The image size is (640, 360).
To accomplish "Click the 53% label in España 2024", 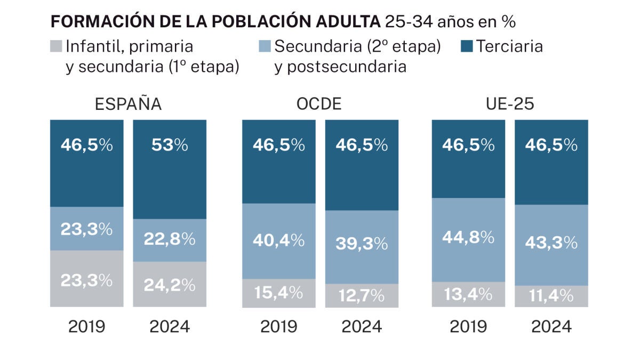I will [169, 145].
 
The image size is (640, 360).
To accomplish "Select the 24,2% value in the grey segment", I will [169, 285].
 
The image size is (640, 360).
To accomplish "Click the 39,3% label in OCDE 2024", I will [362, 243].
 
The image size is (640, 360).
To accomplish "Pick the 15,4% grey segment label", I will [278, 292].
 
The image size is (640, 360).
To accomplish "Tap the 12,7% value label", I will [362, 294].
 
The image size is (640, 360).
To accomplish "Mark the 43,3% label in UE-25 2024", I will [551, 243].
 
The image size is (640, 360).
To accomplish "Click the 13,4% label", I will [468, 293].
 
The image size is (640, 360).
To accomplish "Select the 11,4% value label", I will [551, 295].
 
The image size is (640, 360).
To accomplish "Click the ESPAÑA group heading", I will [128, 104].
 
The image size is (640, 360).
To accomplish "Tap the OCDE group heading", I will [319, 104].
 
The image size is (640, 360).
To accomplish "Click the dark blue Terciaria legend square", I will [467, 46].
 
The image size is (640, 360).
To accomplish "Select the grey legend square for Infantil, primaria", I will [56, 46].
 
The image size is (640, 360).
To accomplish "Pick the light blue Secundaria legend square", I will [265, 46].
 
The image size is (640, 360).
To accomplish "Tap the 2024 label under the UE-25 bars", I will [551, 326].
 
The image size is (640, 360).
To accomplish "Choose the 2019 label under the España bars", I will [87, 326].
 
